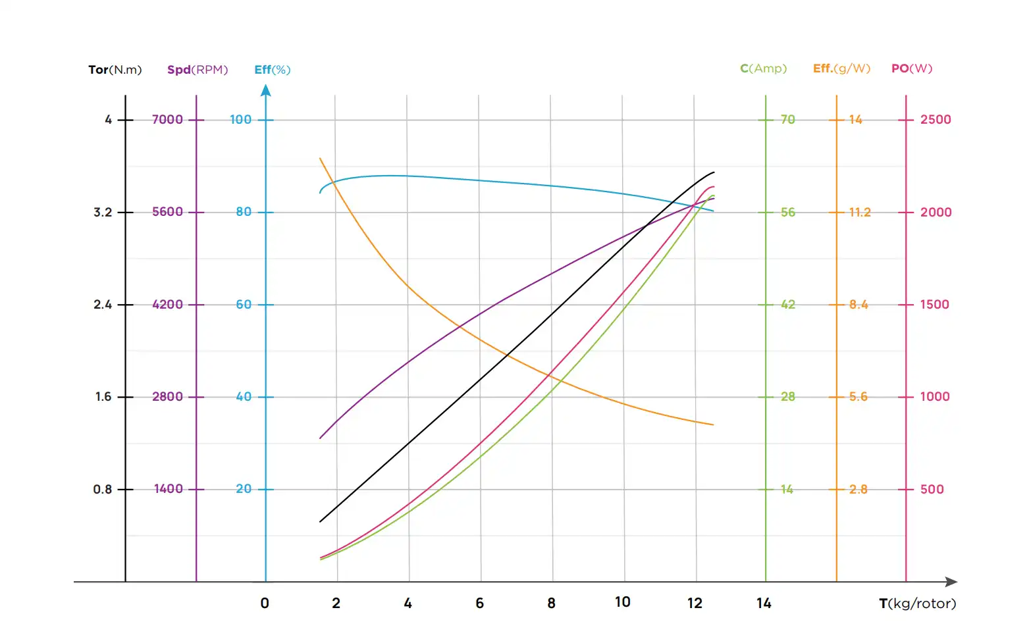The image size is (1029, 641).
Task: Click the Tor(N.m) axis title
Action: pos(115,70)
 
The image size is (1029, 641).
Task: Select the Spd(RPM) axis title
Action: pos(198,70)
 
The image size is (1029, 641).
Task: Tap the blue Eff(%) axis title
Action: pos(272,70)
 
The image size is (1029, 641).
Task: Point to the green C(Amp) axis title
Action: pos(763,68)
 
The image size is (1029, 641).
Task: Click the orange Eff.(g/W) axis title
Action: pos(841,68)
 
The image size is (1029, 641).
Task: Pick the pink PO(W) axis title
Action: pos(912,68)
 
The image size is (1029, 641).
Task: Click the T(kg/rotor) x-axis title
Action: pos(917,603)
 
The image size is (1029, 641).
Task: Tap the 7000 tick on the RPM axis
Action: pos(167,120)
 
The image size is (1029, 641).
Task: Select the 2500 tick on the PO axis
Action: pos(936,120)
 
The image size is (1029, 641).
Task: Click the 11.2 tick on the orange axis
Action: pos(859,213)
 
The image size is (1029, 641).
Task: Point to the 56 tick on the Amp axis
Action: pos(788,213)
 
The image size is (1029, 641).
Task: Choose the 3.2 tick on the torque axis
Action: pos(103,213)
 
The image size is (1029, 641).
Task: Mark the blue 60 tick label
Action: pos(244,305)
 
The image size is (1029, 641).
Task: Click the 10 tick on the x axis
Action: pos(623,602)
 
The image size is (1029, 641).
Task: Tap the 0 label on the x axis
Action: pos(265,603)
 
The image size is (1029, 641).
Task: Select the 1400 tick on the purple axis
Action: pos(168,489)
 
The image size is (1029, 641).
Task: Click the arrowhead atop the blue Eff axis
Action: pos(266,91)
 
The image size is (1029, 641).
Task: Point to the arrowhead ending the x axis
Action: pos(951,582)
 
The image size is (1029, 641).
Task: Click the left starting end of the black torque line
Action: pos(321,522)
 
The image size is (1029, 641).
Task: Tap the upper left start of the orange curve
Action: pos(320,159)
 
